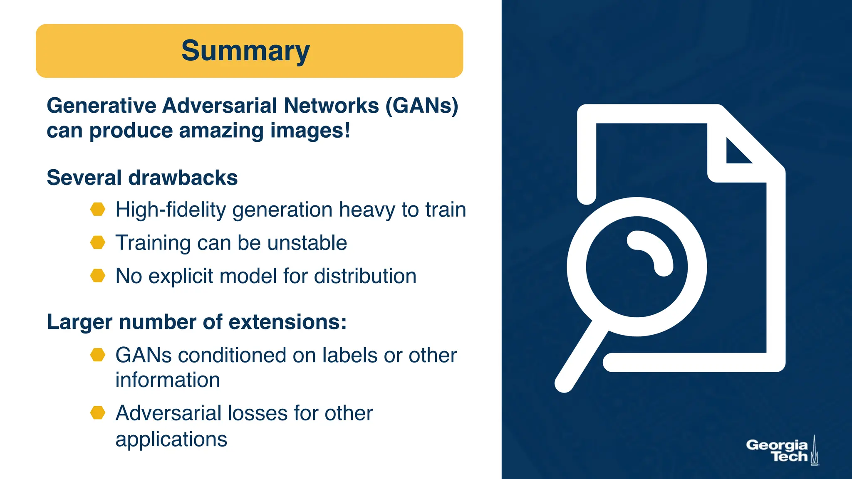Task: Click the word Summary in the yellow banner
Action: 245,51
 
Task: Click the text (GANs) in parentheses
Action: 422,106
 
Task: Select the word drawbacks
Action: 183,178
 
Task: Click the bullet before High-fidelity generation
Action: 98,209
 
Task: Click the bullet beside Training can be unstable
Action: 98,242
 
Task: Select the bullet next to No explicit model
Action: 98,276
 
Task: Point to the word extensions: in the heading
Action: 287,322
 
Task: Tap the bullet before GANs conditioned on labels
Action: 98,355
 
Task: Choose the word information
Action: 167,380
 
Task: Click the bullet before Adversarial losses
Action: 98,413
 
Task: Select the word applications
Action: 171,439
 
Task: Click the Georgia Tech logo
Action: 782,451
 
